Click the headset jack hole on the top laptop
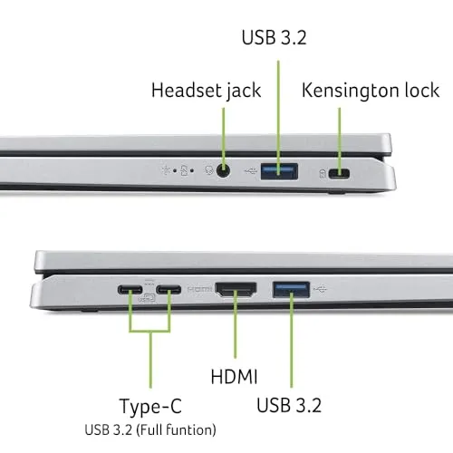tap(223, 169)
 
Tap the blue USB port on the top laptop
tap(278, 169)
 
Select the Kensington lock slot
tap(342, 173)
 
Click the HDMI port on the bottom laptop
tap(236, 291)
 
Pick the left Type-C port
tap(130, 292)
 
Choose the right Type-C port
tap(169, 292)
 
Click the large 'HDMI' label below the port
tap(235, 374)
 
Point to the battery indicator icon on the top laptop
tap(187, 169)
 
